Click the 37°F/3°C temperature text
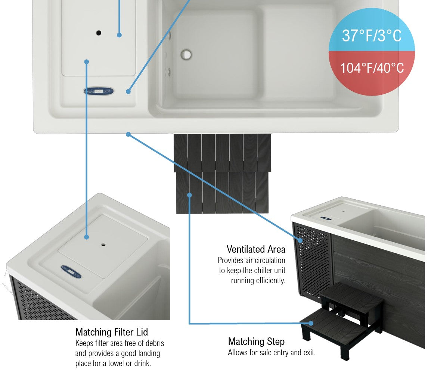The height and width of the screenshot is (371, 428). [x=372, y=36]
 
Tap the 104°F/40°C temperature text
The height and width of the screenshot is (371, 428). [x=372, y=68]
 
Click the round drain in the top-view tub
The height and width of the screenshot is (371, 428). [x=186, y=54]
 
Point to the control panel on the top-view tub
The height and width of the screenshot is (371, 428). [x=99, y=91]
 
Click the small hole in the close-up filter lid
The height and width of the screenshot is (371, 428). [x=103, y=245]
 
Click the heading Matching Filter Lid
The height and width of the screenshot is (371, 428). [x=112, y=332]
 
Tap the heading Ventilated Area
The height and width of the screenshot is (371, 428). [x=256, y=249]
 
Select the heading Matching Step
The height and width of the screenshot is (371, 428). [x=256, y=342]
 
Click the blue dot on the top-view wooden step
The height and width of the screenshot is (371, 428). [x=190, y=195]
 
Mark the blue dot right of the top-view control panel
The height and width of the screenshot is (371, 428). [x=128, y=91]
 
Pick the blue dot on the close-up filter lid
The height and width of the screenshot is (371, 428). [x=86, y=237]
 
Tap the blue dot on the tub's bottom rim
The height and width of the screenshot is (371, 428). [x=128, y=134]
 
